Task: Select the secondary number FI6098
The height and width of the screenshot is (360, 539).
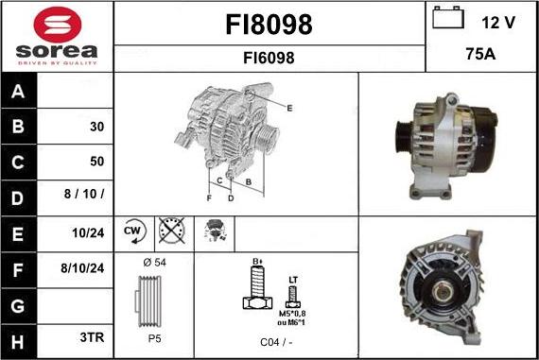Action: point(269,58)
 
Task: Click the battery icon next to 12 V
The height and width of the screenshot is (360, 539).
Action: point(448,18)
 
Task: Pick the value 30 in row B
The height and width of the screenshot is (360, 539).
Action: point(96,127)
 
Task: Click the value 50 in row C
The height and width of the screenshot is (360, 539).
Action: point(96,162)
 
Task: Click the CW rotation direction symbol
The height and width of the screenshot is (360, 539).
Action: point(131,231)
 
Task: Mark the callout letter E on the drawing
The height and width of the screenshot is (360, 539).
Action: point(288,109)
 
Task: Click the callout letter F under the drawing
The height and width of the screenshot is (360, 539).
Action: point(209,197)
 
